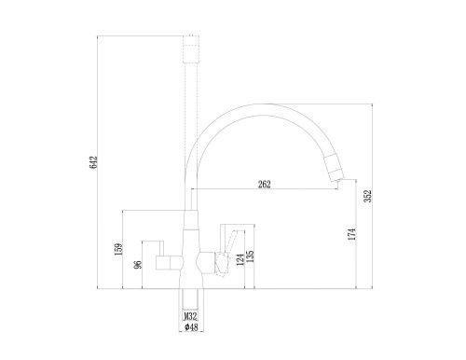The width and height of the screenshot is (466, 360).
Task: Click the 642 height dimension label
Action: (93, 162)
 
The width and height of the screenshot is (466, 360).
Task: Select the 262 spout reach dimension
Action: (265, 185)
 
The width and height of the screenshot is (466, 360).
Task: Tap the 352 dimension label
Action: (368, 196)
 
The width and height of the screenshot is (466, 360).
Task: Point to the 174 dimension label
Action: (351, 234)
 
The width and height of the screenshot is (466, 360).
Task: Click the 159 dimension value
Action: (118, 249)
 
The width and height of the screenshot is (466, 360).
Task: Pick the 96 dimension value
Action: (138, 264)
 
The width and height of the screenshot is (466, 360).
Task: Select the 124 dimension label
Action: (240, 259)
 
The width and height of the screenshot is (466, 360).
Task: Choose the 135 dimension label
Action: (250, 256)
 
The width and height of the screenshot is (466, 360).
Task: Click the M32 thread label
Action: (190, 316)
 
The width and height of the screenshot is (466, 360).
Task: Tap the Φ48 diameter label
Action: (191, 327)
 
